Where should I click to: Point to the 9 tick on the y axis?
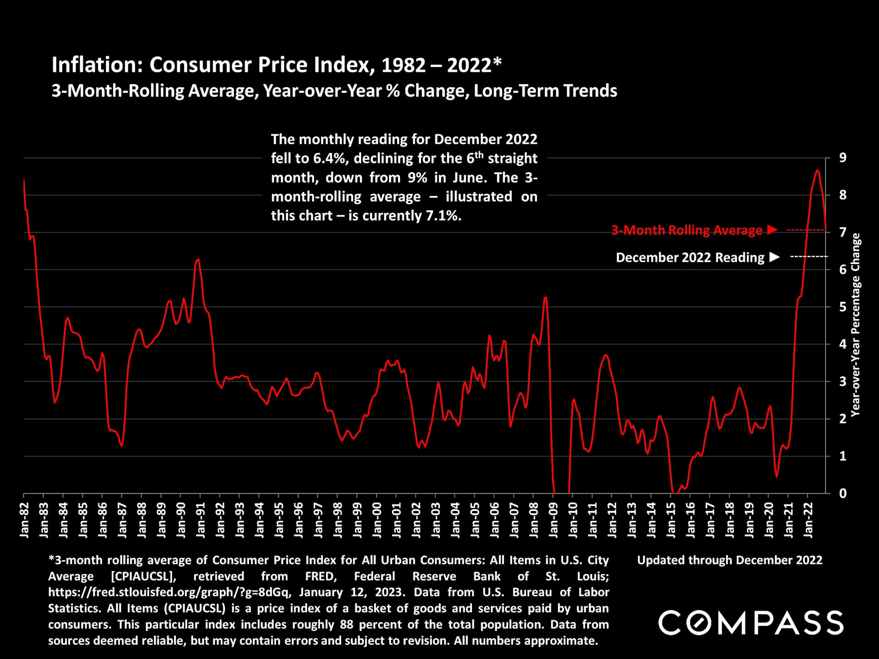(x=842, y=158)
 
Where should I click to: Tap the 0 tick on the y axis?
(x=842, y=493)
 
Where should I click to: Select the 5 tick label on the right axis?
(x=842, y=307)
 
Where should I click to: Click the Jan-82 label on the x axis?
(x=24, y=519)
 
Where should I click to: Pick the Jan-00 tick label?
(x=377, y=519)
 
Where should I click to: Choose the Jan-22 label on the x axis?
(x=808, y=519)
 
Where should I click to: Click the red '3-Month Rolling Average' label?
(x=687, y=230)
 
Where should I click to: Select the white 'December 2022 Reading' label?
(x=690, y=257)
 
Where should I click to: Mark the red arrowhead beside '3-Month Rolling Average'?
(x=772, y=229)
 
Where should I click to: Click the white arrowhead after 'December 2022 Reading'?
(x=774, y=257)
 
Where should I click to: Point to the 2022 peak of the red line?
(x=817, y=170)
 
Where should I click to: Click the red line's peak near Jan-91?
(x=198, y=259)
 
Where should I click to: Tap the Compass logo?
(x=751, y=623)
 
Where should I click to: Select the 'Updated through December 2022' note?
(x=730, y=560)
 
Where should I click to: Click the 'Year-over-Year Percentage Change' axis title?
(x=855, y=325)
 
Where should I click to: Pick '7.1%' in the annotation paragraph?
(x=443, y=216)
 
